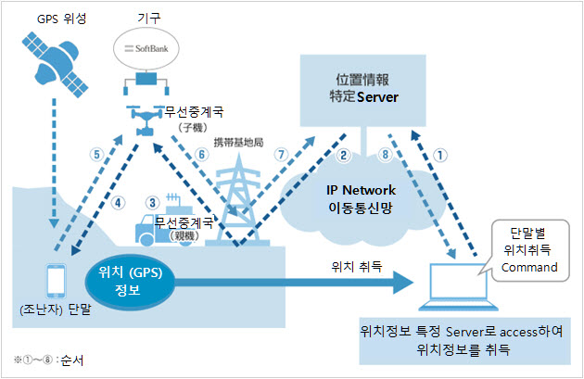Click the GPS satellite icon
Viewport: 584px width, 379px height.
(x=55, y=65)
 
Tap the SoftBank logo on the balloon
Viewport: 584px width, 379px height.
(x=146, y=48)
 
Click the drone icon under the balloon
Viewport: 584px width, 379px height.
(x=146, y=120)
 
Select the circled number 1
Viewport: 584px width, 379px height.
(x=440, y=155)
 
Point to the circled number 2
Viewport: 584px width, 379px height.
(x=343, y=155)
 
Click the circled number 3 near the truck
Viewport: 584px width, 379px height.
(x=152, y=203)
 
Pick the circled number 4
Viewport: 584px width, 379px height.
(x=118, y=203)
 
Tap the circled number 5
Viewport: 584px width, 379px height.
(x=96, y=154)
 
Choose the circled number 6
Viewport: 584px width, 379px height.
(x=201, y=154)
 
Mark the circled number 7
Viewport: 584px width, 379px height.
(x=281, y=154)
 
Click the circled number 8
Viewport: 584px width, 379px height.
(x=385, y=154)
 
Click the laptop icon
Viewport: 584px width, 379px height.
(x=458, y=286)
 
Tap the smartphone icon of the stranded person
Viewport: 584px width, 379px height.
(x=57, y=281)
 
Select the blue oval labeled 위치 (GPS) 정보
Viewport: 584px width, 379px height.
(x=130, y=282)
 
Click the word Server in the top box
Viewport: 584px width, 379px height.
(x=377, y=97)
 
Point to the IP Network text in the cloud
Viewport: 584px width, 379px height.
(x=361, y=190)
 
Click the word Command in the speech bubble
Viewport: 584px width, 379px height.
(x=529, y=267)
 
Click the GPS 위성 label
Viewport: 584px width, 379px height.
(x=61, y=19)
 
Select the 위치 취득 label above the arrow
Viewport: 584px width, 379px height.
(x=357, y=266)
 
